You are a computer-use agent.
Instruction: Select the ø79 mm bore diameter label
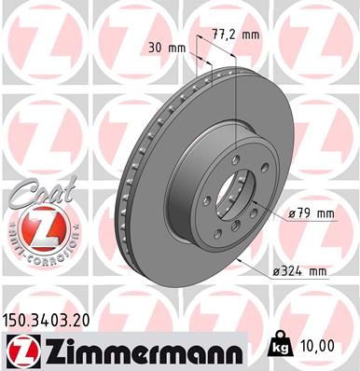pyautogui.click(x=312, y=213)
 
